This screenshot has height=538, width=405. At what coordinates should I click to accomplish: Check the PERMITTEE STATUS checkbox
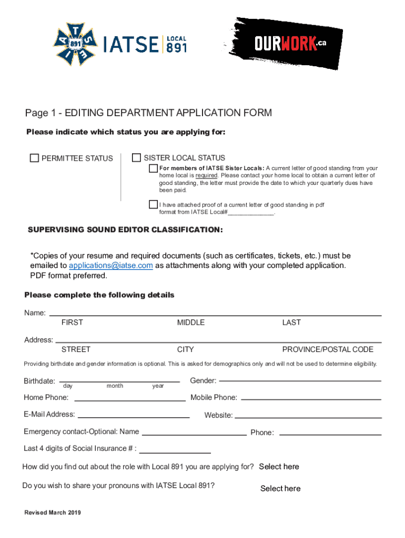(x=35, y=158)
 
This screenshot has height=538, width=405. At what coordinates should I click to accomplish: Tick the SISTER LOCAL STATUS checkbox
(x=137, y=158)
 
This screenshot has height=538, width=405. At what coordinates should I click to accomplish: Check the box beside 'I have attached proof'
(x=153, y=204)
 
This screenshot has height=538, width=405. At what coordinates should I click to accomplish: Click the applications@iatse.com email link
(x=111, y=265)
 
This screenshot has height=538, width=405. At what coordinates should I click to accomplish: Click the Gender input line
(x=300, y=380)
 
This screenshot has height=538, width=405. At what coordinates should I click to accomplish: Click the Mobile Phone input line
(x=310, y=399)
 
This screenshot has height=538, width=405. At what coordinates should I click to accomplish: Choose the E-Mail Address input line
(x=134, y=417)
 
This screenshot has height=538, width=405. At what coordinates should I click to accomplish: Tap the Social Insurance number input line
(x=175, y=452)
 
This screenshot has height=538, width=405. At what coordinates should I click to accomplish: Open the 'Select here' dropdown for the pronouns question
(x=280, y=489)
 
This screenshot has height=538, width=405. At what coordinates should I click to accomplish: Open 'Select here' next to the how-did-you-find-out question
(x=279, y=467)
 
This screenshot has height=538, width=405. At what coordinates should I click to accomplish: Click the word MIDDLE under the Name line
(x=191, y=323)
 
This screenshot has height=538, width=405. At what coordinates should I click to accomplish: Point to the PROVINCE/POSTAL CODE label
(x=328, y=349)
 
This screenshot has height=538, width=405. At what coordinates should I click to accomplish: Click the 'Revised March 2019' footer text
(x=53, y=513)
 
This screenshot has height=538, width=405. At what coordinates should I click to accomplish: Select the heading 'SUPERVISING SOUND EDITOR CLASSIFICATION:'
(x=125, y=231)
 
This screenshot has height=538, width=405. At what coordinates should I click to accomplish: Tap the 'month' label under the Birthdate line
(x=115, y=386)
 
